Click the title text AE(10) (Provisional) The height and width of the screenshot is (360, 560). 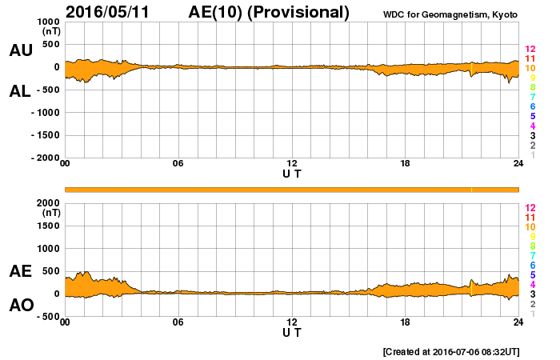point(269,12)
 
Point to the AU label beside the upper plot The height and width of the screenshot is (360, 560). point(20,50)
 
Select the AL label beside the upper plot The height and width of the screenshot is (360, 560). point(20,91)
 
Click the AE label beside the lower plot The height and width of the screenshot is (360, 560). point(20,271)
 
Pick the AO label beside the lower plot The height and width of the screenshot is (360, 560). point(20,306)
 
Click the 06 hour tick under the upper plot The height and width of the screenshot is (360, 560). point(178,164)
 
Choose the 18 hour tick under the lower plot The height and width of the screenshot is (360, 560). point(406,322)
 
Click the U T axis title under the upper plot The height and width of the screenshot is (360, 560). point(292,173)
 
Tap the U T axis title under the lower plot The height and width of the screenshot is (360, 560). point(292,332)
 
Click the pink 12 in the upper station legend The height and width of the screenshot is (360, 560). point(530,49)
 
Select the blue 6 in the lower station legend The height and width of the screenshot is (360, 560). point(530,265)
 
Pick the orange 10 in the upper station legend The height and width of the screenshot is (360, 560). point(530,68)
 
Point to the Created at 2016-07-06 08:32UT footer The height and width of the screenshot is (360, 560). point(451,351)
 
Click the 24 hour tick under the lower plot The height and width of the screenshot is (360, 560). point(518,322)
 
